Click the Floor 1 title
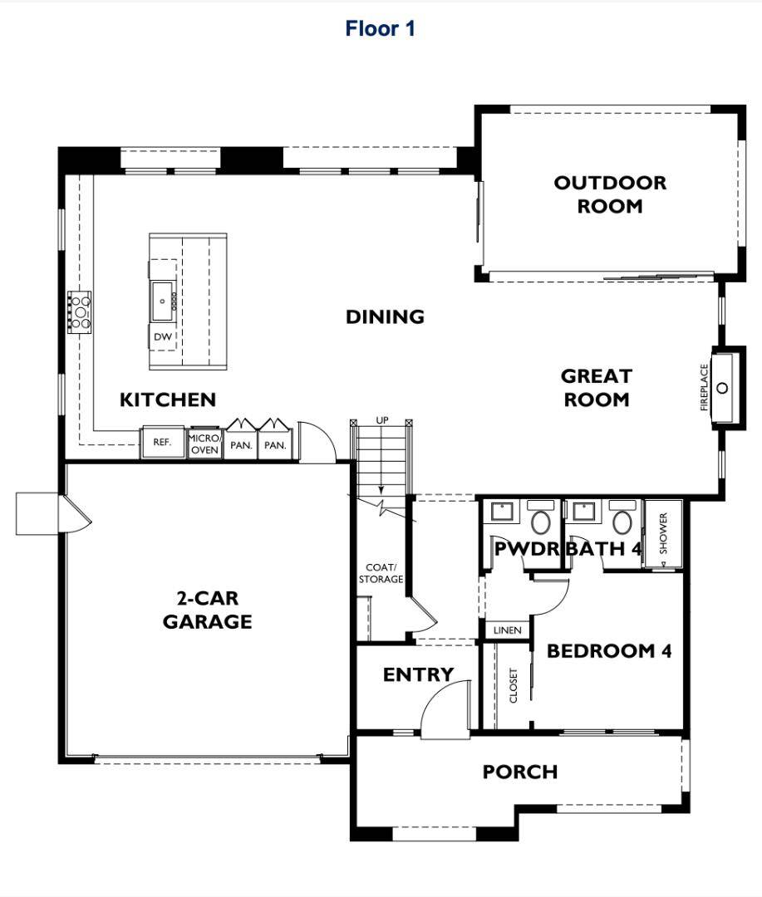380,29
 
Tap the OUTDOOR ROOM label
610,194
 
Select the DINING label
385,316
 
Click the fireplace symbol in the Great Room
722,388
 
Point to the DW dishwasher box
163,337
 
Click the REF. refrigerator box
162,443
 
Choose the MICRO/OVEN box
204,444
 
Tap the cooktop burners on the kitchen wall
80,311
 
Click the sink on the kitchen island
162,296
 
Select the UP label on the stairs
382,421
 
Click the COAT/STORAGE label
381,573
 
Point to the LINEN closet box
507,630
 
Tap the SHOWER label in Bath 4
663,533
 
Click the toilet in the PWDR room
541,522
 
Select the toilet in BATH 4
621,522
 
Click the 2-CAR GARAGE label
207,610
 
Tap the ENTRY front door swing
440,714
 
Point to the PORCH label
520,772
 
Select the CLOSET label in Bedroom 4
514,685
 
